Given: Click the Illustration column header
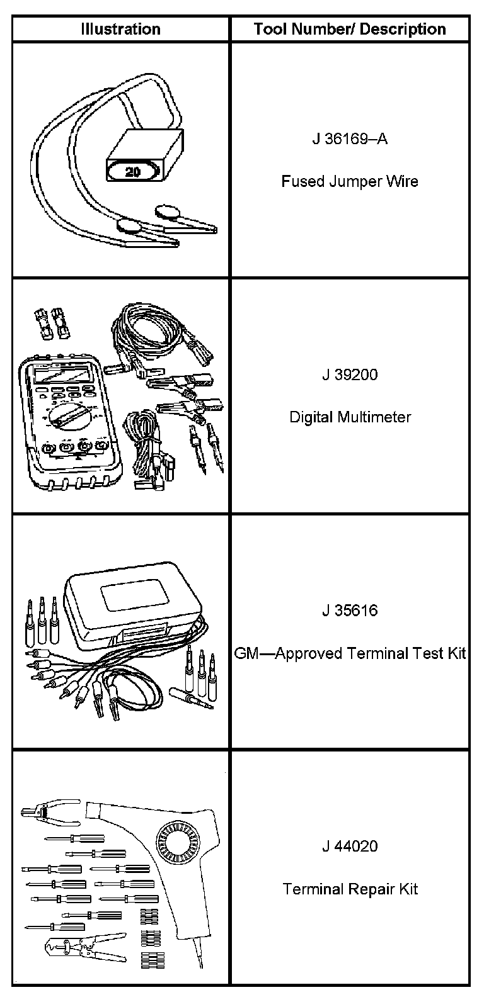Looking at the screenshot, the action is point(120,29).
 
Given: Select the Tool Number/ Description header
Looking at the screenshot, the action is point(350,29).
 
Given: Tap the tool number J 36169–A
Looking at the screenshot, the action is point(350,138).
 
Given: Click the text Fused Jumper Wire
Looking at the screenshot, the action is point(350,182).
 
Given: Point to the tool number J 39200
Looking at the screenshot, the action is point(350,375).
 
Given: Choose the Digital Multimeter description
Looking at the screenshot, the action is point(350,417).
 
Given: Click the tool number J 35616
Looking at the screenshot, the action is point(350,611).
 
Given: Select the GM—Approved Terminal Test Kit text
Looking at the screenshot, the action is point(350,653).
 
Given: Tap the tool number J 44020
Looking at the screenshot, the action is point(350,847).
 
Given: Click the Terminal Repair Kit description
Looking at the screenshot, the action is point(350,889).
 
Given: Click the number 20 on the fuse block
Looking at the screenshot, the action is point(134,171).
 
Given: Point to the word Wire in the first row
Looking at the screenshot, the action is point(403,182).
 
